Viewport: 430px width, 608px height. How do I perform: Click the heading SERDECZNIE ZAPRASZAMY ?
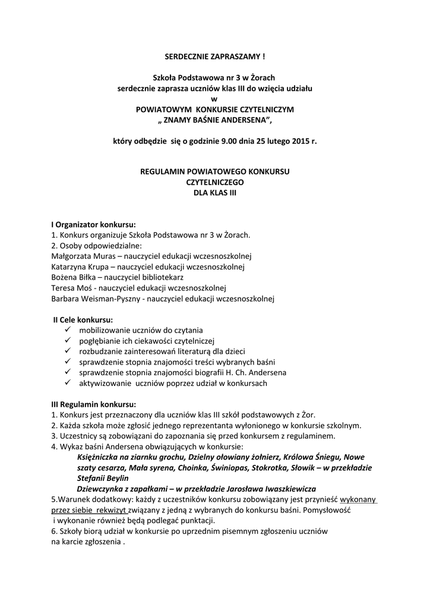coord(214,56)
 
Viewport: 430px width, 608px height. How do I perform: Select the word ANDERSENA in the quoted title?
coord(242,120)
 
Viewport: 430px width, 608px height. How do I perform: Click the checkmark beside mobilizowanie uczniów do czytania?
coord(67,330)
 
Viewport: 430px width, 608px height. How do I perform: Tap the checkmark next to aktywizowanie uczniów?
coord(67,383)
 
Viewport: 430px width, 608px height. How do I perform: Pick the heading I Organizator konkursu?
coord(93,224)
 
